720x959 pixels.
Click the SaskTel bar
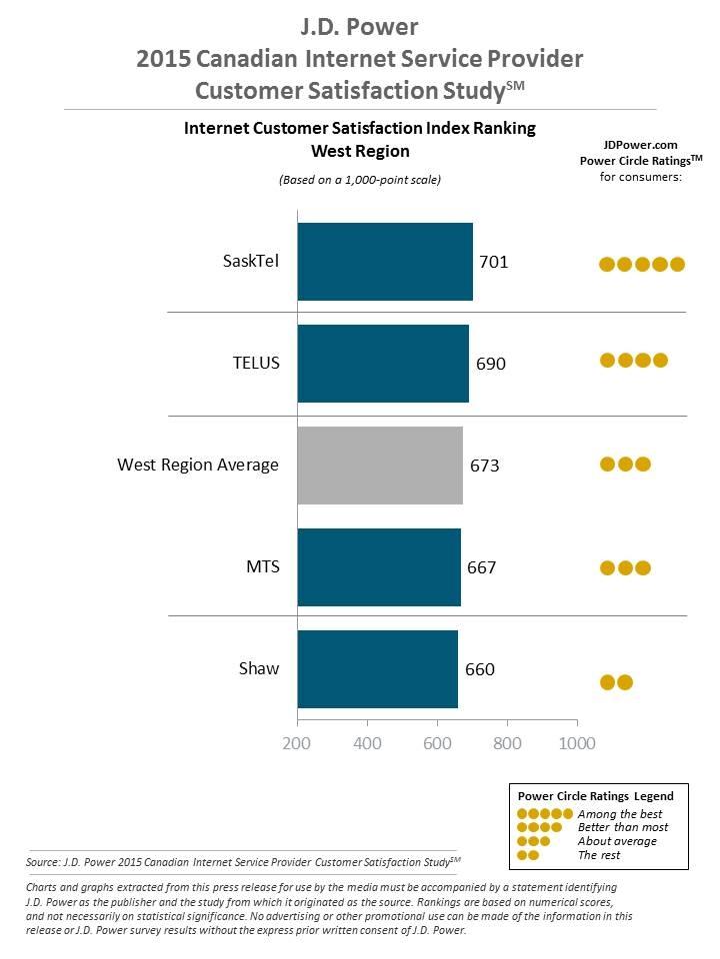coord(385,262)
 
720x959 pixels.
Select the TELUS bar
coord(383,363)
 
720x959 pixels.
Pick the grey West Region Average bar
coord(380,466)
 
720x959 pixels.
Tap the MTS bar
coord(379,567)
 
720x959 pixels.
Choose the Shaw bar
coord(377,669)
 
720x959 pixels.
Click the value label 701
coord(494,262)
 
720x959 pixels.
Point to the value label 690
coord(491,364)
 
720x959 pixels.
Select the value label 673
coord(484,466)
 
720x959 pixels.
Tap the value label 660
coord(480,669)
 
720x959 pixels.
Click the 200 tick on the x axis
coord(297,743)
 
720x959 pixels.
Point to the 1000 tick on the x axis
coord(575,743)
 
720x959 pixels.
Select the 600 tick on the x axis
coord(437,743)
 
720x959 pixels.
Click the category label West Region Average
coord(198,465)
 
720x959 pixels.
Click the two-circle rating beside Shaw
coord(616,682)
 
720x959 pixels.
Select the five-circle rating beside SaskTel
coord(641,264)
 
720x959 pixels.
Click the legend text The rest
coord(599,854)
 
